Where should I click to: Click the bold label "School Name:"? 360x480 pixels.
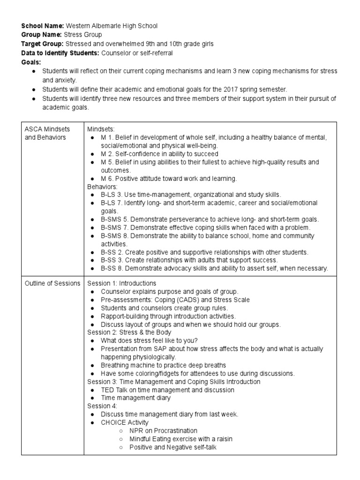43,26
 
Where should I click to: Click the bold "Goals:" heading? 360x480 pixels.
31,62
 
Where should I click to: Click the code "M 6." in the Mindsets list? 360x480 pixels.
108,179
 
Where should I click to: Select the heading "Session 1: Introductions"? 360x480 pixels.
122,283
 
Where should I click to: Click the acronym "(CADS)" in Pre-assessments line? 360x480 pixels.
187,300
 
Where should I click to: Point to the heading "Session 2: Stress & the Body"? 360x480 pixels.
128,333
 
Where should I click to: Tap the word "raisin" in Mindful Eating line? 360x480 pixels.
223,439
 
